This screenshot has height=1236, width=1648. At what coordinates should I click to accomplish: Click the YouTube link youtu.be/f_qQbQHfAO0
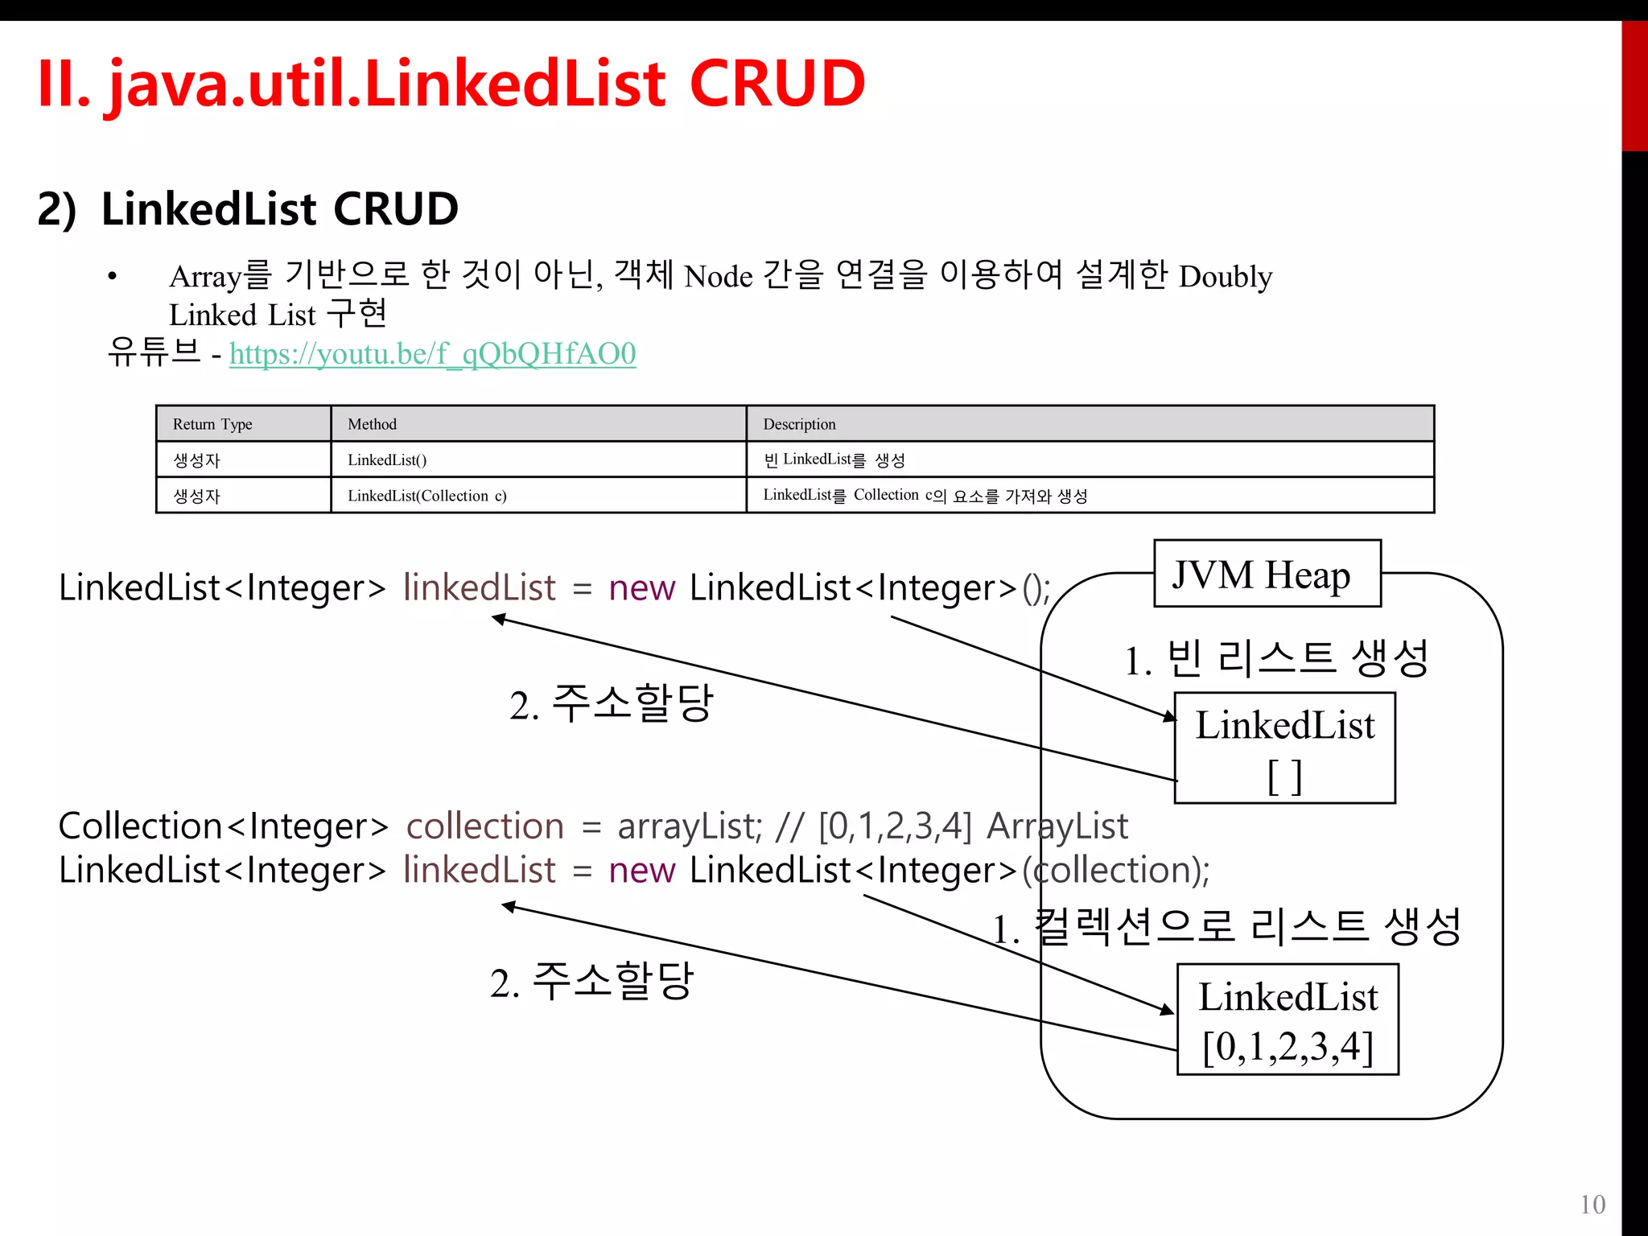point(432,354)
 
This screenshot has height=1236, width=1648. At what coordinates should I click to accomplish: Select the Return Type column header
point(212,424)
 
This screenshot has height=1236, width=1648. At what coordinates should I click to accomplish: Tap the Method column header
point(372,424)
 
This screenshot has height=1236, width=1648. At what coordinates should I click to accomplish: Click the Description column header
point(799,424)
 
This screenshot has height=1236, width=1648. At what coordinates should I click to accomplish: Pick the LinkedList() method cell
point(387,459)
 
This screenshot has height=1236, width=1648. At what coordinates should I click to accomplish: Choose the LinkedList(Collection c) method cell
point(427,496)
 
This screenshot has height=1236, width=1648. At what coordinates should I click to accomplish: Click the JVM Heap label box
point(1267,574)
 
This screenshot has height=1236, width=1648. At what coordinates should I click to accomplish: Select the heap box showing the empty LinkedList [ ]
point(1284,748)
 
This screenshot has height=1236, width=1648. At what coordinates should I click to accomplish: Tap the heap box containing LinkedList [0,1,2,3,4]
point(1287,1020)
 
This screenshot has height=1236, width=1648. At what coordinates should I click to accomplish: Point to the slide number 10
point(1592,1205)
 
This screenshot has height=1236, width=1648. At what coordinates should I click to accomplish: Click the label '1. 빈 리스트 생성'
point(1276,659)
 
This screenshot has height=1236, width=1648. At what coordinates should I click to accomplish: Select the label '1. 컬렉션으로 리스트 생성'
point(1226,928)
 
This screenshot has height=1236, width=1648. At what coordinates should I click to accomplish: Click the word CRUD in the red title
point(777,84)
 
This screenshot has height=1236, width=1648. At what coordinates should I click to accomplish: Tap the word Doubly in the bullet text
point(1225,277)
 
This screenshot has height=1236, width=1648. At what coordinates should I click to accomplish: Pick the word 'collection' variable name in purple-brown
point(484,826)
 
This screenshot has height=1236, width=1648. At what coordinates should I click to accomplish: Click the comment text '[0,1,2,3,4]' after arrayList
point(895,826)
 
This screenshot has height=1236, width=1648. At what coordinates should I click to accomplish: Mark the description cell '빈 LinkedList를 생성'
point(834,459)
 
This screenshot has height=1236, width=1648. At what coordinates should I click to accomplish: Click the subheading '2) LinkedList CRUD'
point(248,209)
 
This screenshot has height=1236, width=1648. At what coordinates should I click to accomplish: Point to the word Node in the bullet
point(718,277)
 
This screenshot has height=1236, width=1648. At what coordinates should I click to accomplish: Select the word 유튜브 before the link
point(154,352)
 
